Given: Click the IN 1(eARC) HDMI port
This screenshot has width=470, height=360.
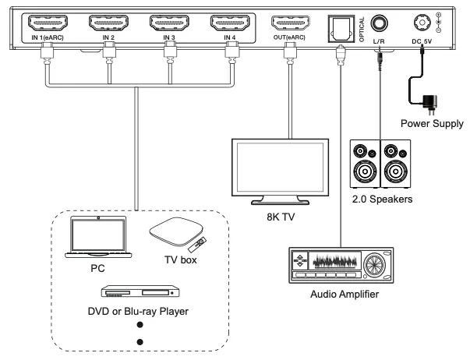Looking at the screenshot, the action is point(48,23).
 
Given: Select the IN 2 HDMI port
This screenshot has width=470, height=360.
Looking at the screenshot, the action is point(108,23).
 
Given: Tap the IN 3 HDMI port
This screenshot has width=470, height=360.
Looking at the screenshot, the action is point(169,23).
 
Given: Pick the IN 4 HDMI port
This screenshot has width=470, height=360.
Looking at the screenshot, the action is point(230,23).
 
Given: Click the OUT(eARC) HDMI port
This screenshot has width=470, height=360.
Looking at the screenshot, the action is point(291,23).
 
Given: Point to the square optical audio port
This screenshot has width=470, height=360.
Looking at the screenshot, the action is point(341,28).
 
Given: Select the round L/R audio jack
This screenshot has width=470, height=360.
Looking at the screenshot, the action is point(379,23).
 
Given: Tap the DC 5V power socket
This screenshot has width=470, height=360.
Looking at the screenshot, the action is point(422,23).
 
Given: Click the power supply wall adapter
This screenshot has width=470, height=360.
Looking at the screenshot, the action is point(429,104).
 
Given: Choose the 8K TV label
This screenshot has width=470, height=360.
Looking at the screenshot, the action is point(281,217).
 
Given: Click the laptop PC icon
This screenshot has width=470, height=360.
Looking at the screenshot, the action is point(98,237).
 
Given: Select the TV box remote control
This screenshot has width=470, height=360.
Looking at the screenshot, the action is point(197,245).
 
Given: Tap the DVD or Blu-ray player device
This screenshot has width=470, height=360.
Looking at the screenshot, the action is point(140,291).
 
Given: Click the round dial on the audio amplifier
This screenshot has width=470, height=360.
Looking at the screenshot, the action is point(374,264).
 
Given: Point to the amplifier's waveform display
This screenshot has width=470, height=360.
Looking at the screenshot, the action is point(335,262).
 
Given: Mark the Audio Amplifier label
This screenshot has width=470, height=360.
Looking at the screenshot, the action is point(345,294).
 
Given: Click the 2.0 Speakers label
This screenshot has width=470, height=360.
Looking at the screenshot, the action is point(382,199).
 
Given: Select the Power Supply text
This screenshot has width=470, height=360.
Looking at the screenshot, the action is point(432,123).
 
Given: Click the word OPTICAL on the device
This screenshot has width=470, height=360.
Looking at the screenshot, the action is point(362,29).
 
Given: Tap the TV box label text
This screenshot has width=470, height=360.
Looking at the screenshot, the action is point(181,259).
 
